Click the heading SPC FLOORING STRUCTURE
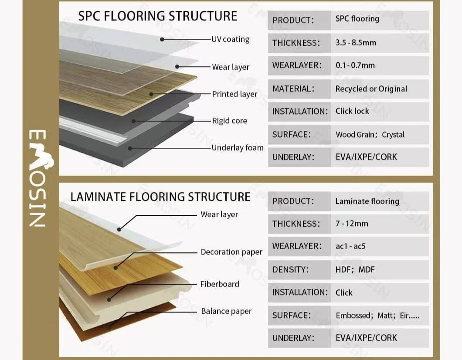[157, 16]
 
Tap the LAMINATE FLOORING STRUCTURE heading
[160, 197]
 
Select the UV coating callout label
[230, 39]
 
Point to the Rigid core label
[229, 121]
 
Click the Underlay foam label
[238, 148]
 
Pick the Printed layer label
[234, 94]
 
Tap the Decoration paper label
[231, 252]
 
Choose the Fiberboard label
[220, 284]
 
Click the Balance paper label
[226, 311]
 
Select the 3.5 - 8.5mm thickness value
[356, 43]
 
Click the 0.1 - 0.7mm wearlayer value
[355, 65]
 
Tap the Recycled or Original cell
[371, 89]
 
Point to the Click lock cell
[352, 111]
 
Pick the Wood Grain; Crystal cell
[370, 135]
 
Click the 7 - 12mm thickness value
[352, 224]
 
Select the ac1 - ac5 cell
[350, 246]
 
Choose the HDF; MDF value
[355, 270]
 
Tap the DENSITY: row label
[290, 270]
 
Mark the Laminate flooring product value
[367, 201]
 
